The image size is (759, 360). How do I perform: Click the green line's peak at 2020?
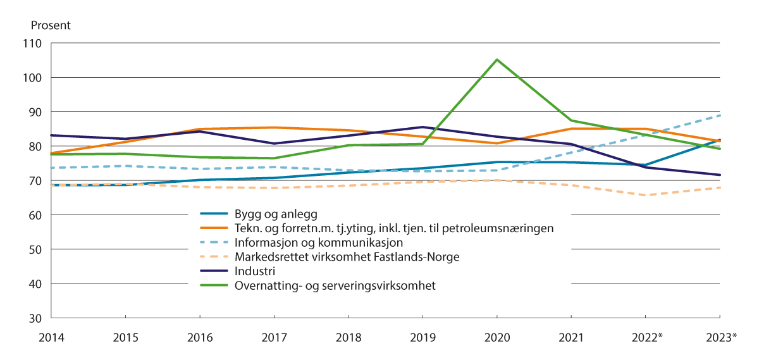pyautogui.click(x=497, y=60)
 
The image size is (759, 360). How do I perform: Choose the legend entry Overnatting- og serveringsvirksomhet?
pyautogui.click(x=336, y=285)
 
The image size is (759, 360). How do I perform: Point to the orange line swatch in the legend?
pyautogui.click(x=212, y=228)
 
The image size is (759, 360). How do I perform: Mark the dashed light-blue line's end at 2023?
pyautogui.click(x=720, y=116)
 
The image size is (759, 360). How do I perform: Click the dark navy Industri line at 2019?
pyautogui.click(x=423, y=127)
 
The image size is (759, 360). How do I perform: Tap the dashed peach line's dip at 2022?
pyautogui.click(x=646, y=195)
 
